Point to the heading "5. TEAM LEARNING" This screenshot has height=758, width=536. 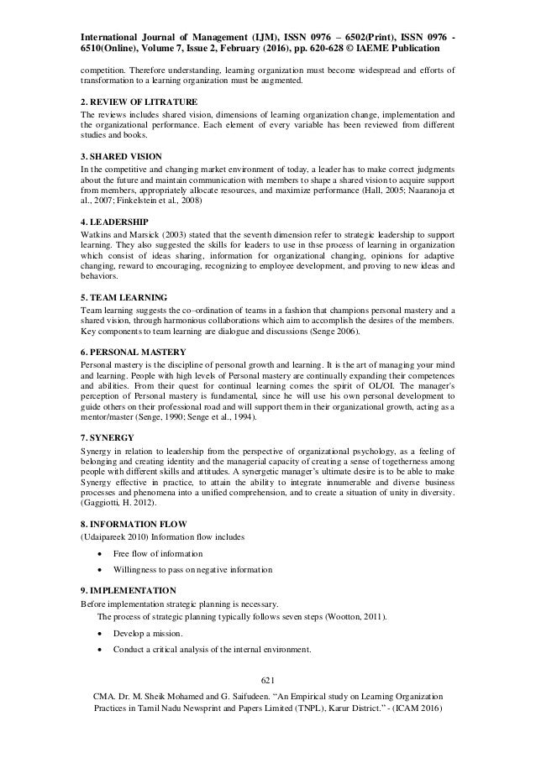123,297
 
